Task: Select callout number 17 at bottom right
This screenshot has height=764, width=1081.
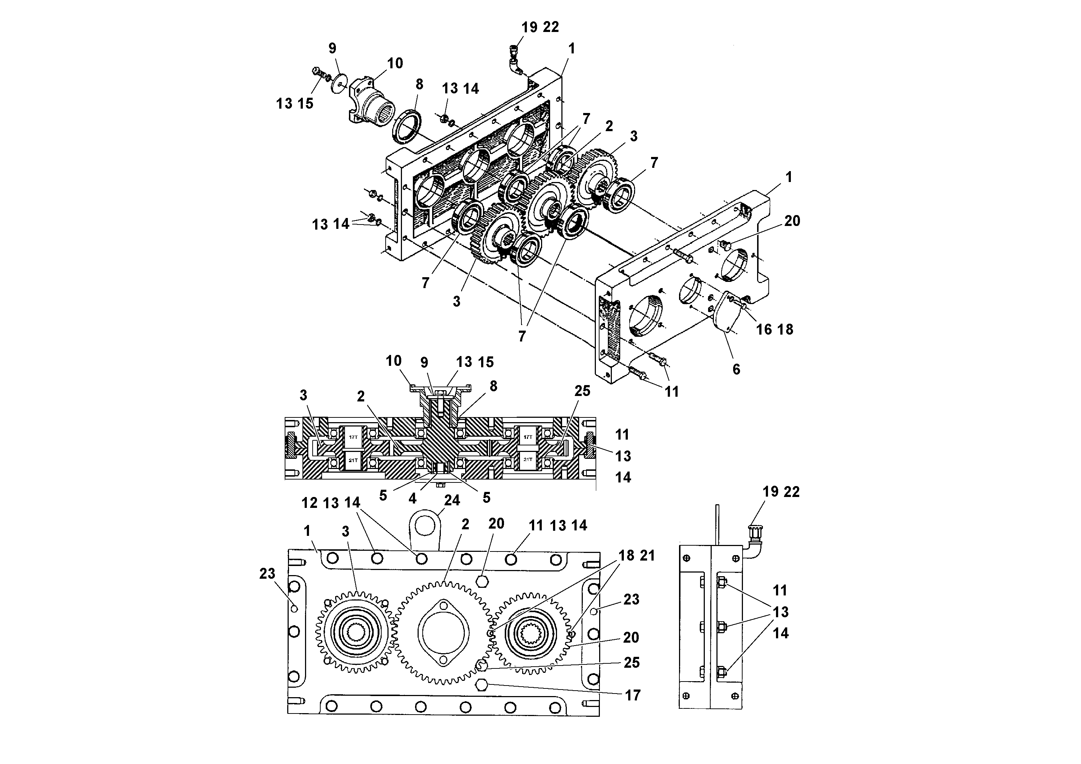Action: pos(633,695)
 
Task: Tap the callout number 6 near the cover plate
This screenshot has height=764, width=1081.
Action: pos(736,369)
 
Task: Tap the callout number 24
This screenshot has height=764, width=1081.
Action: pos(452,500)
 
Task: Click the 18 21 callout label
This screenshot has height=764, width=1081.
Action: pos(637,556)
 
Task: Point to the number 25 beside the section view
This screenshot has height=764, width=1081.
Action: pos(582,391)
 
